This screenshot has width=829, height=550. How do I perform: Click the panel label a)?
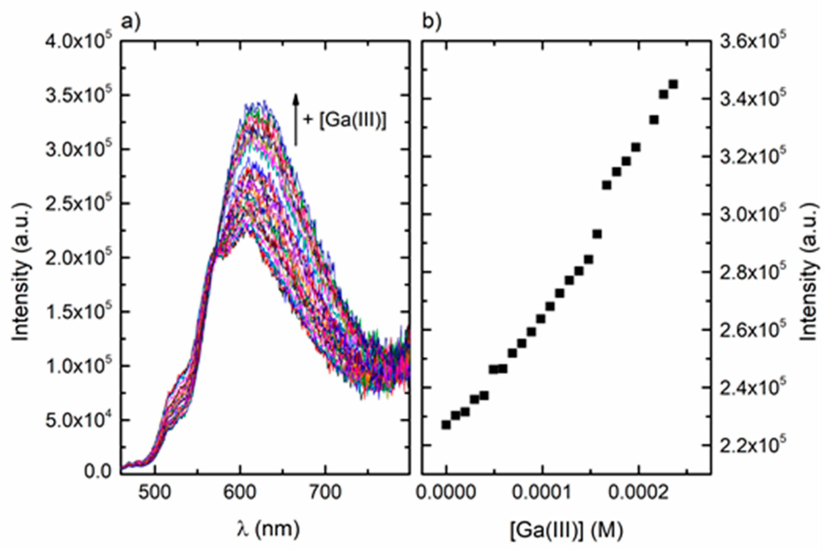tap(130, 23)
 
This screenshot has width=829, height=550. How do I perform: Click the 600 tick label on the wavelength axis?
tap(240, 493)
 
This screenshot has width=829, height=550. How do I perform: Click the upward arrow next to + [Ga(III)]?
tap(296, 119)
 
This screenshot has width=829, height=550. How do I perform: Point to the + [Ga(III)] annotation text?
tap(345, 120)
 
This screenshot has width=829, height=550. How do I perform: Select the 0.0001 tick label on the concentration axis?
tap(542, 493)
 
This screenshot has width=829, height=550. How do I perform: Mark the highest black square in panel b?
tap(673, 85)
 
